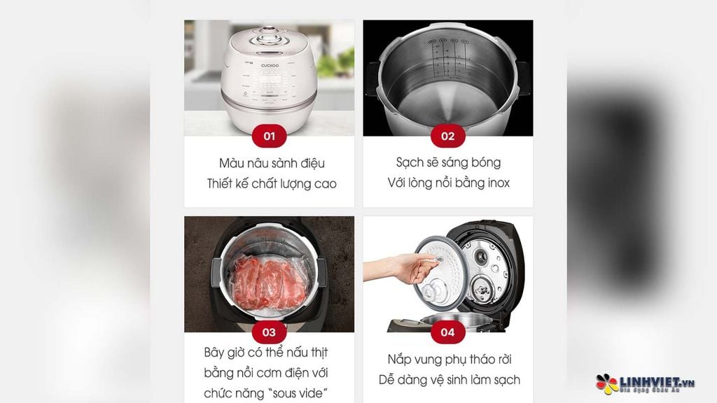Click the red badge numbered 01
coord(270,136)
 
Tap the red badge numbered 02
coord(448,136)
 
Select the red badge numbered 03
coord(270,332)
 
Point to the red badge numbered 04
coord(448,332)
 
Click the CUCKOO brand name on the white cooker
coord(270,65)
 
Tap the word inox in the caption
coord(499,183)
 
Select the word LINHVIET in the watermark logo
coord(650,382)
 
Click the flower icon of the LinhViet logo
coord(607,384)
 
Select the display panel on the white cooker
coord(270,80)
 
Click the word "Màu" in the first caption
coord(231,163)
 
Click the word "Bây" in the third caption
coord(214,353)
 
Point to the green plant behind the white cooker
coord(336,63)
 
